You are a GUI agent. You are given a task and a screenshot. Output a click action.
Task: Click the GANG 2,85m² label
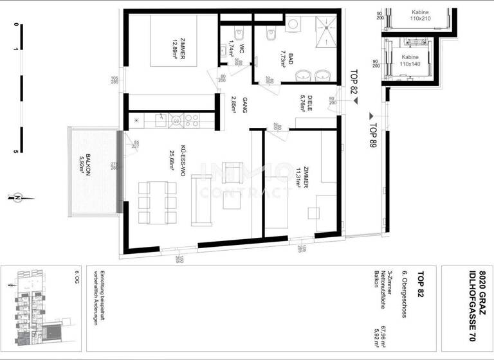point(238,105)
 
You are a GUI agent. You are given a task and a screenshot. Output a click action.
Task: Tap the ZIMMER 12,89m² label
point(178,47)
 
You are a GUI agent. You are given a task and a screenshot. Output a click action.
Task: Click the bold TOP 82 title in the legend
point(420,285)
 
